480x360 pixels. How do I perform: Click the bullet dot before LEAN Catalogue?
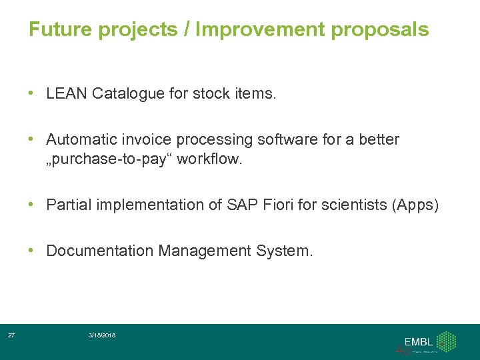tap(32, 94)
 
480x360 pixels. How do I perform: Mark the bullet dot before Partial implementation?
tap(32, 205)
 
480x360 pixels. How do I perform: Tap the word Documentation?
tap(100, 251)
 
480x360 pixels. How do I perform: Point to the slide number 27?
tap(11, 335)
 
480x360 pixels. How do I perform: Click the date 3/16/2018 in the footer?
tap(102, 335)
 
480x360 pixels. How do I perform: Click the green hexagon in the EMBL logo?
tap(445, 341)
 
